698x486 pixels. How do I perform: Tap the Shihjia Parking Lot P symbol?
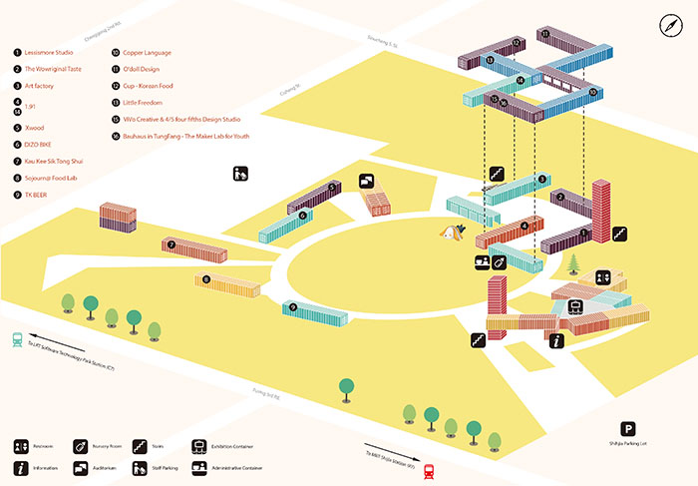tap(628, 429)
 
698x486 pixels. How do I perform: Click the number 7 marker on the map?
tap(172, 243)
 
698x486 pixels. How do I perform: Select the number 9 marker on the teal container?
tap(293, 307)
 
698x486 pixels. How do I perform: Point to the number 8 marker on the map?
tap(206, 280)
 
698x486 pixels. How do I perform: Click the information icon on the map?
tap(556, 341)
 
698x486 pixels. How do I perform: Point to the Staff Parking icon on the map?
tap(239, 174)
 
